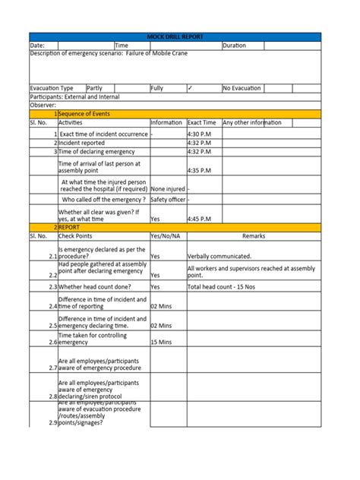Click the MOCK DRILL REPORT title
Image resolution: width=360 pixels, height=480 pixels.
tap(180, 36)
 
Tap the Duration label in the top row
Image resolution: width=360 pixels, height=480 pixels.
tap(235, 46)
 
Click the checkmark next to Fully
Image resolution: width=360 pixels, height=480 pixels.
tap(190, 88)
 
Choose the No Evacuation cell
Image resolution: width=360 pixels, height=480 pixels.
tap(243, 88)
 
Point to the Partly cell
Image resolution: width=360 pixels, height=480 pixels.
tap(95, 88)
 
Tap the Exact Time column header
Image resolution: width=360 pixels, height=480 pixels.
tap(202, 122)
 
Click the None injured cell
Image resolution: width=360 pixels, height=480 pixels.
tap(167, 189)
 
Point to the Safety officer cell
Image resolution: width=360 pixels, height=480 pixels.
tap(168, 200)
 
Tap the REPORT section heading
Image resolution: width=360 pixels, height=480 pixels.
tap(71, 227)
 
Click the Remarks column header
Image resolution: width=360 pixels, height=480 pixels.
tap(254, 235)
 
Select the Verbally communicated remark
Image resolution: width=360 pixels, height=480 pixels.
tap(219, 256)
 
